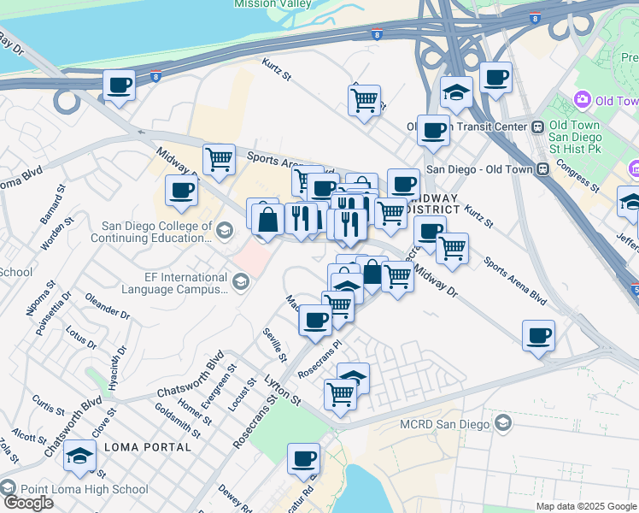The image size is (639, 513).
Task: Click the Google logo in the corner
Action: pyautogui.click(x=27, y=503)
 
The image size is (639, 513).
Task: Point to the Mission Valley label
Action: pyautogui.click(x=272, y=4)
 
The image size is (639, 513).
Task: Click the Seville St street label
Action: pyautogui.click(x=274, y=345)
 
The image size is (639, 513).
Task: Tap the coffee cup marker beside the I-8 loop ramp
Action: pyautogui.click(x=119, y=85)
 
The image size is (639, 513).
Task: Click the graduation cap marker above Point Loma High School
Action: pyautogui.click(x=79, y=456)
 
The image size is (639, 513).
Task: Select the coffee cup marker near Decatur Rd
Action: pyautogui.click(x=303, y=459)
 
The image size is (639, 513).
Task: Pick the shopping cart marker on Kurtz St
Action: pyautogui.click(x=365, y=100)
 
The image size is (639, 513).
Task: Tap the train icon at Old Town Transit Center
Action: pyautogui.click(x=537, y=127)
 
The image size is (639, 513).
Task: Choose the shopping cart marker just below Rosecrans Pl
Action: pyautogui.click(x=340, y=394)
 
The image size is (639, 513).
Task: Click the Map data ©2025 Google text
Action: pyautogui.click(x=585, y=506)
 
